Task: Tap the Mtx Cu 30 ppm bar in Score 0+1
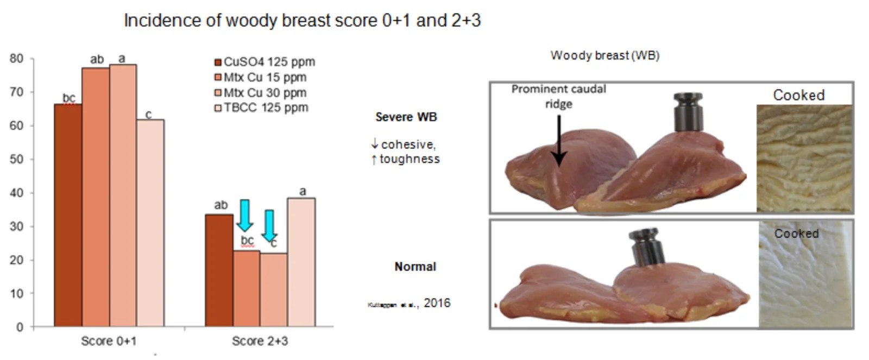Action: [123, 195]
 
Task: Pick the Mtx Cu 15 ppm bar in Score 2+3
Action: [246, 288]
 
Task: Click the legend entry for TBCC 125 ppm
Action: [262, 108]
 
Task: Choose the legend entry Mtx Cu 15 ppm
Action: [261, 77]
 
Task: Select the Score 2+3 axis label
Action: [260, 341]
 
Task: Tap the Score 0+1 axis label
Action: [109, 341]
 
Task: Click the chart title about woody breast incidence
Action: [302, 21]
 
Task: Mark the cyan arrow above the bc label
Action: [244, 215]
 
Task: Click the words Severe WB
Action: [406, 117]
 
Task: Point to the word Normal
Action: [415, 267]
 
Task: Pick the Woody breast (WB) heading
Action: [604, 55]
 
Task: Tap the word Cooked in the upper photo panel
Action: [798, 95]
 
